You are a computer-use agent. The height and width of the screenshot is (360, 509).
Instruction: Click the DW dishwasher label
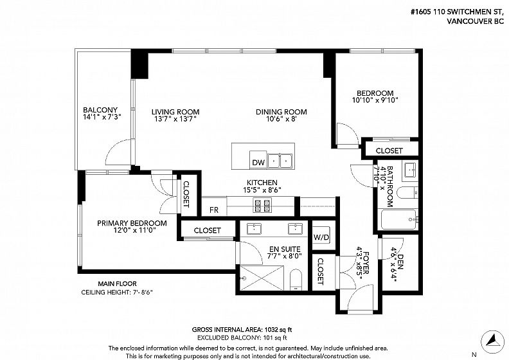258,162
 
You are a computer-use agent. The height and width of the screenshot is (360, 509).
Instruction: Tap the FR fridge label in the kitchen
214,210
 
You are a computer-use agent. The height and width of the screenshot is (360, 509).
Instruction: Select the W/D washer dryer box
321,237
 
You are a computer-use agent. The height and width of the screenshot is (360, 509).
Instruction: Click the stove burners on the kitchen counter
263,206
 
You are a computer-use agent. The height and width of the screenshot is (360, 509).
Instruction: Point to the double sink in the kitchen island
280,161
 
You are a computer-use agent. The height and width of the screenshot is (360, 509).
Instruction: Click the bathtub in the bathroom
398,219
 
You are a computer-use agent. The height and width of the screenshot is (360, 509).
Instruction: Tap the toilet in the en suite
296,279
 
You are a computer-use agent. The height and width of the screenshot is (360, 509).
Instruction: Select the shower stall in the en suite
262,278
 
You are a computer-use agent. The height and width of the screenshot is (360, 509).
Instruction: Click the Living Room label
175,112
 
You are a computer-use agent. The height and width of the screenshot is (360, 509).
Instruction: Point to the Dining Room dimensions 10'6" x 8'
281,119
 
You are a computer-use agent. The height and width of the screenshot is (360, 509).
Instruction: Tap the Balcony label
100,110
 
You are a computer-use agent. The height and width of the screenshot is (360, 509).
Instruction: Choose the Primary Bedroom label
132,223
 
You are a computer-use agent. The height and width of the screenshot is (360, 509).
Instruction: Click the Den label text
400,262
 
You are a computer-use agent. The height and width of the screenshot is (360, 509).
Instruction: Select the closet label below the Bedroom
389,150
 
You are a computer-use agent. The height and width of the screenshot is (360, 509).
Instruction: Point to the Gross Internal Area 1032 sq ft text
242,330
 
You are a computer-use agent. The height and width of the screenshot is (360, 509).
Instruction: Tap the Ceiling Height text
117,292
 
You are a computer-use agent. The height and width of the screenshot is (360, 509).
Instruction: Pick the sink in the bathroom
410,170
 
